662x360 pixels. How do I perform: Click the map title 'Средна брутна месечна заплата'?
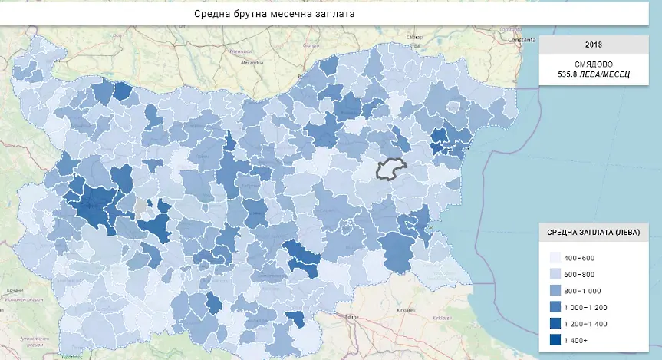point(274,15)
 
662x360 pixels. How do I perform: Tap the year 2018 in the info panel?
point(594,45)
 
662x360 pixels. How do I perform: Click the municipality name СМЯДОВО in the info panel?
point(594,64)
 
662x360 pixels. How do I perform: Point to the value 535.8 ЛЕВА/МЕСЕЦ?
point(594,75)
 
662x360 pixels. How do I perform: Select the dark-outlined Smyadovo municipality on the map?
point(390,170)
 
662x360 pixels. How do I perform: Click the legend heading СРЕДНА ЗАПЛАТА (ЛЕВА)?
point(594,233)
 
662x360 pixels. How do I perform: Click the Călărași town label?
point(414,36)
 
